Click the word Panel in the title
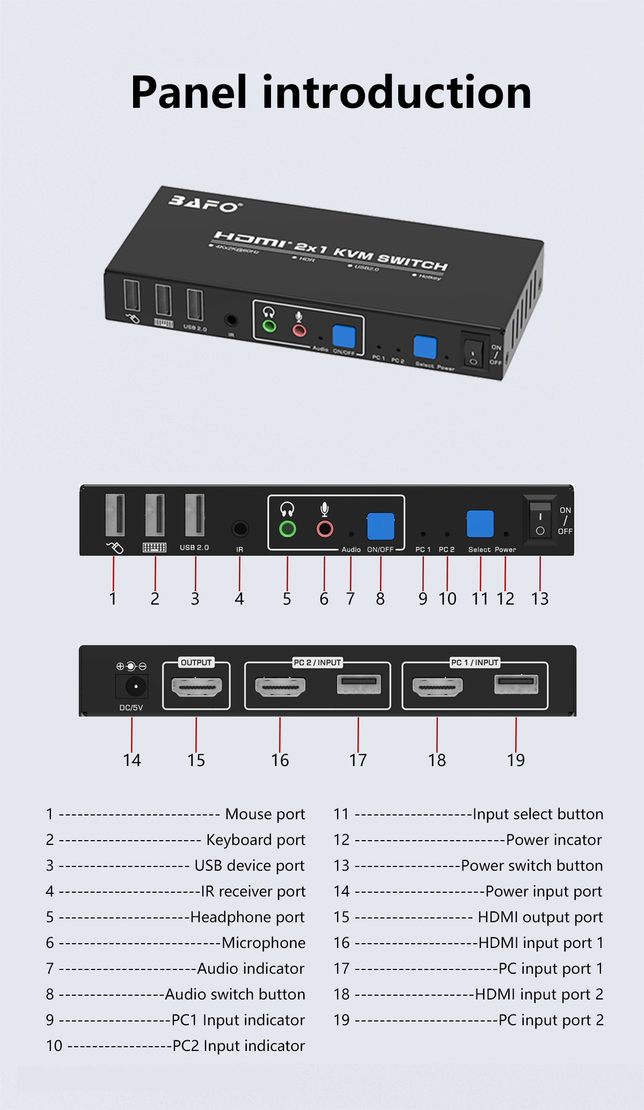(x=189, y=93)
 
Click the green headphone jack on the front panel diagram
(x=288, y=529)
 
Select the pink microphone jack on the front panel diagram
(x=325, y=529)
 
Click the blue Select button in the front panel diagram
(x=480, y=524)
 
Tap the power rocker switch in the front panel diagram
(x=540, y=520)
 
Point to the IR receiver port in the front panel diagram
(x=240, y=529)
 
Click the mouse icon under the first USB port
(x=115, y=547)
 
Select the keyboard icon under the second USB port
(x=155, y=547)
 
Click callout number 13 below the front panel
(x=540, y=599)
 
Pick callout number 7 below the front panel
(x=350, y=599)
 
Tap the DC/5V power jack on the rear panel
(x=132, y=687)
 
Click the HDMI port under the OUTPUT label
(x=196, y=687)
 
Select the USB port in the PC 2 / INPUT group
(x=359, y=685)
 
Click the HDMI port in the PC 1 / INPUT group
(x=437, y=687)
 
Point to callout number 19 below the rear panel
(x=516, y=760)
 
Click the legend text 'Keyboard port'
(x=256, y=840)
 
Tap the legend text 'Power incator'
(x=554, y=840)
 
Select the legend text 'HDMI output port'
(x=540, y=917)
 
